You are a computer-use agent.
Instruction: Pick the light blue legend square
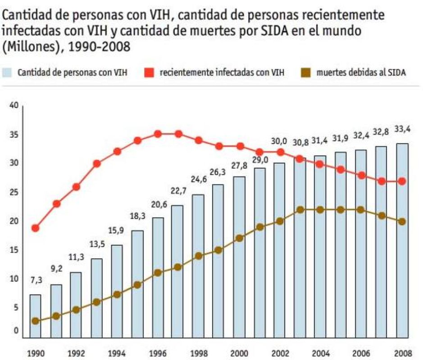coord(8,72)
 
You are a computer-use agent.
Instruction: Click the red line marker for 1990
coord(35,228)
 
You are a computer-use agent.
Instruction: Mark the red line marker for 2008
coord(402,181)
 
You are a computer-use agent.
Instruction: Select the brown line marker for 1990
coord(35,321)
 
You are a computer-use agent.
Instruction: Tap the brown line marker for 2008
coord(402,221)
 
